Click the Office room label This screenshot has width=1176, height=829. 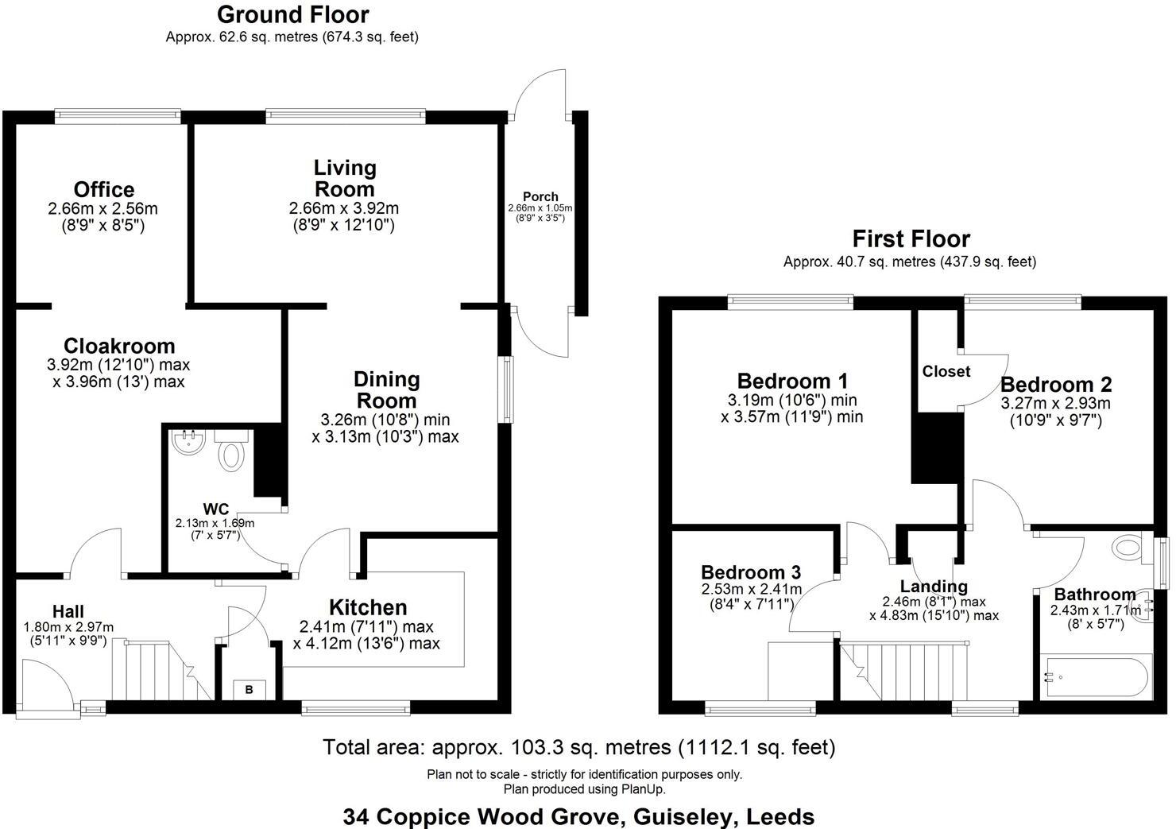[103, 190]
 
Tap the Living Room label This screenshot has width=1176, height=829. [344, 179]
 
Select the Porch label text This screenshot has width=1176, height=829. [540, 196]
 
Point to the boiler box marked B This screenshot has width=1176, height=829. [249, 689]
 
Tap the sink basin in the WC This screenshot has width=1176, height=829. [189, 444]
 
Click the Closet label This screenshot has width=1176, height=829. [946, 371]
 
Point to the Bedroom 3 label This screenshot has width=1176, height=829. [750, 572]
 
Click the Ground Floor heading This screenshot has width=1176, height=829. [292, 14]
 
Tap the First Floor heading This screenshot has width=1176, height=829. [911, 238]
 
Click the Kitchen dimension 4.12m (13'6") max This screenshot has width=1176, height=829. [366, 643]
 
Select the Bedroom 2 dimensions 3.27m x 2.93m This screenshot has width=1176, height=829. [1055, 403]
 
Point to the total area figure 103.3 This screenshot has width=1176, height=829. [544, 747]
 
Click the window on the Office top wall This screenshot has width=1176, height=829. [118, 117]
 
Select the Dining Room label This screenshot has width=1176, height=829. [386, 389]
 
